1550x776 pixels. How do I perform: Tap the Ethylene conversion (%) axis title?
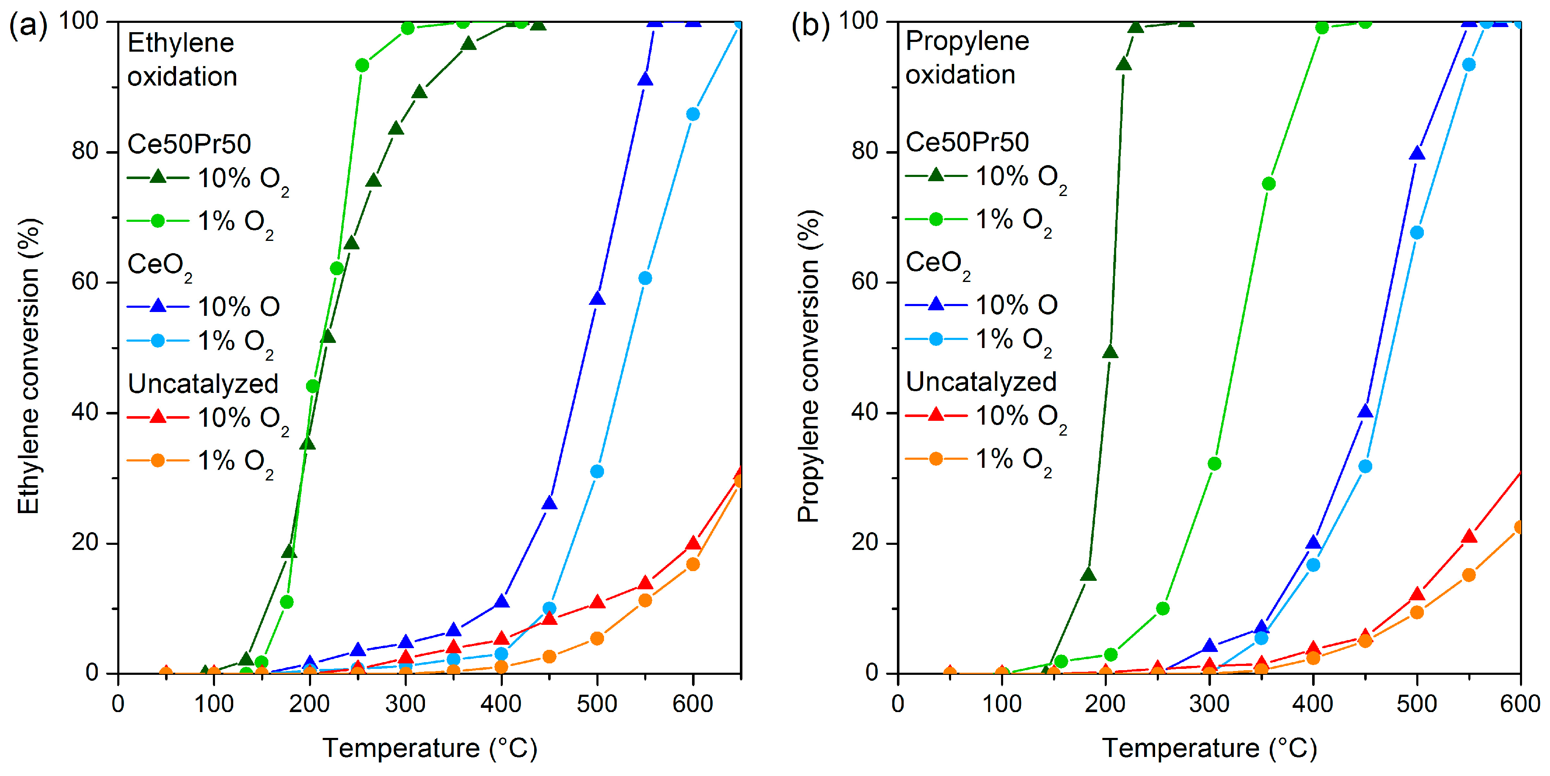click(x=28, y=366)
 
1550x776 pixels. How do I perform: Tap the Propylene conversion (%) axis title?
click(x=808, y=366)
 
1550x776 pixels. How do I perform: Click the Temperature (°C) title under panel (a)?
click(x=430, y=748)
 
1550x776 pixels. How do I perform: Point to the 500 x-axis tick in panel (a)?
click(x=597, y=703)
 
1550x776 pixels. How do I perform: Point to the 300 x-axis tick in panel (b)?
click(x=1209, y=703)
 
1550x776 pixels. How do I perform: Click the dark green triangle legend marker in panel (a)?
click(x=157, y=177)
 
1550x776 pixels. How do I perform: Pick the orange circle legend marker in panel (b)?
click(x=936, y=459)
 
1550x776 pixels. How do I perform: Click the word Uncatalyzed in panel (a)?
click(x=203, y=384)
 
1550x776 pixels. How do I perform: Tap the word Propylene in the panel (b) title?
click(x=967, y=41)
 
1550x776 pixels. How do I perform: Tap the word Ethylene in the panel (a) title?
click(x=180, y=43)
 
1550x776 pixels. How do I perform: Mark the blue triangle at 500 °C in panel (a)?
click(x=597, y=298)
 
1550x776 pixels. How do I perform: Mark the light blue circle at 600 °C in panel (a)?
click(x=692, y=114)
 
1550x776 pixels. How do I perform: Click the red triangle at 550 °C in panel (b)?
click(x=1469, y=536)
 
